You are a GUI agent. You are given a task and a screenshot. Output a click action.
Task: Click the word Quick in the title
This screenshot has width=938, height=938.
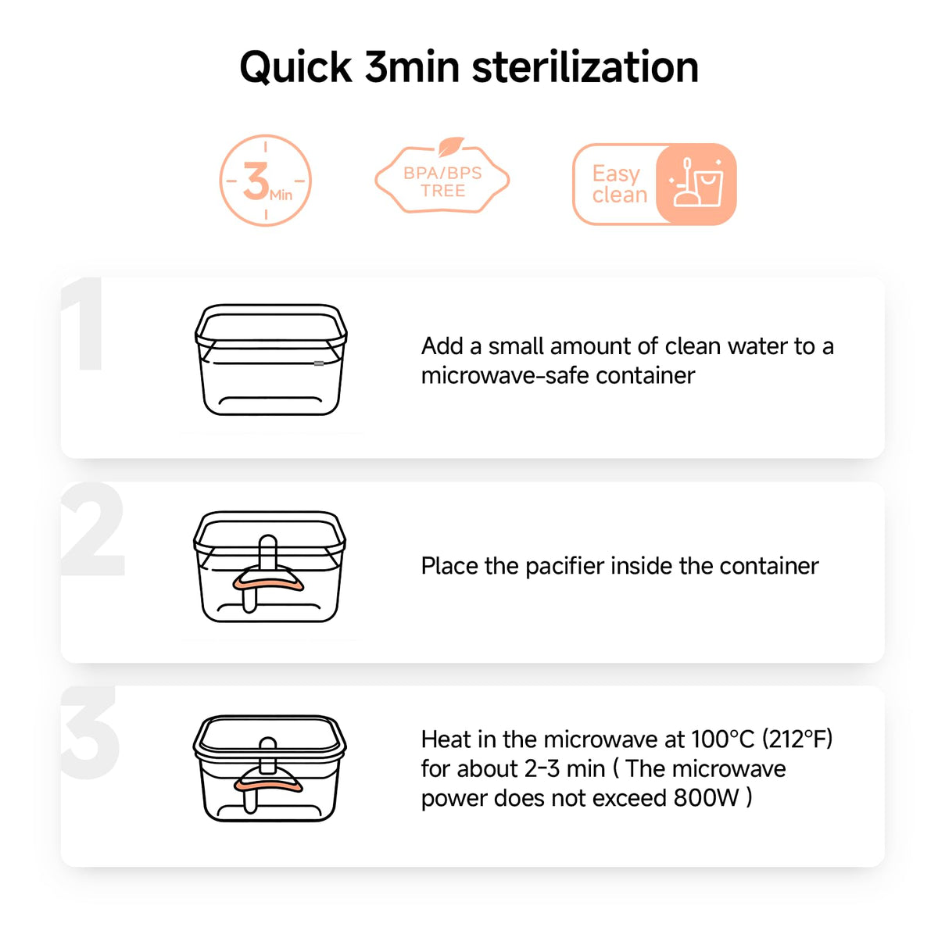[295, 68]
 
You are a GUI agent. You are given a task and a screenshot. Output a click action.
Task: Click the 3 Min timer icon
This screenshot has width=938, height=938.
[265, 181]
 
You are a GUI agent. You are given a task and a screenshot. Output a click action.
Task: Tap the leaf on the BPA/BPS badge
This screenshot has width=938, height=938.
[451, 146]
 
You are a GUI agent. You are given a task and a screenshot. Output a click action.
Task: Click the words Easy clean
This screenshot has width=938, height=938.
[619, 184]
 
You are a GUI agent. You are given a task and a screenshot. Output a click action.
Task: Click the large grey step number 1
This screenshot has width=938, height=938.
[83, 324]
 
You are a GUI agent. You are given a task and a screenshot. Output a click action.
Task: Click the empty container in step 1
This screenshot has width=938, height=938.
[271, 360]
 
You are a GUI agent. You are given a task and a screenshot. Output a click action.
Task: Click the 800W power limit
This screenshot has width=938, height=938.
[707, 798]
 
